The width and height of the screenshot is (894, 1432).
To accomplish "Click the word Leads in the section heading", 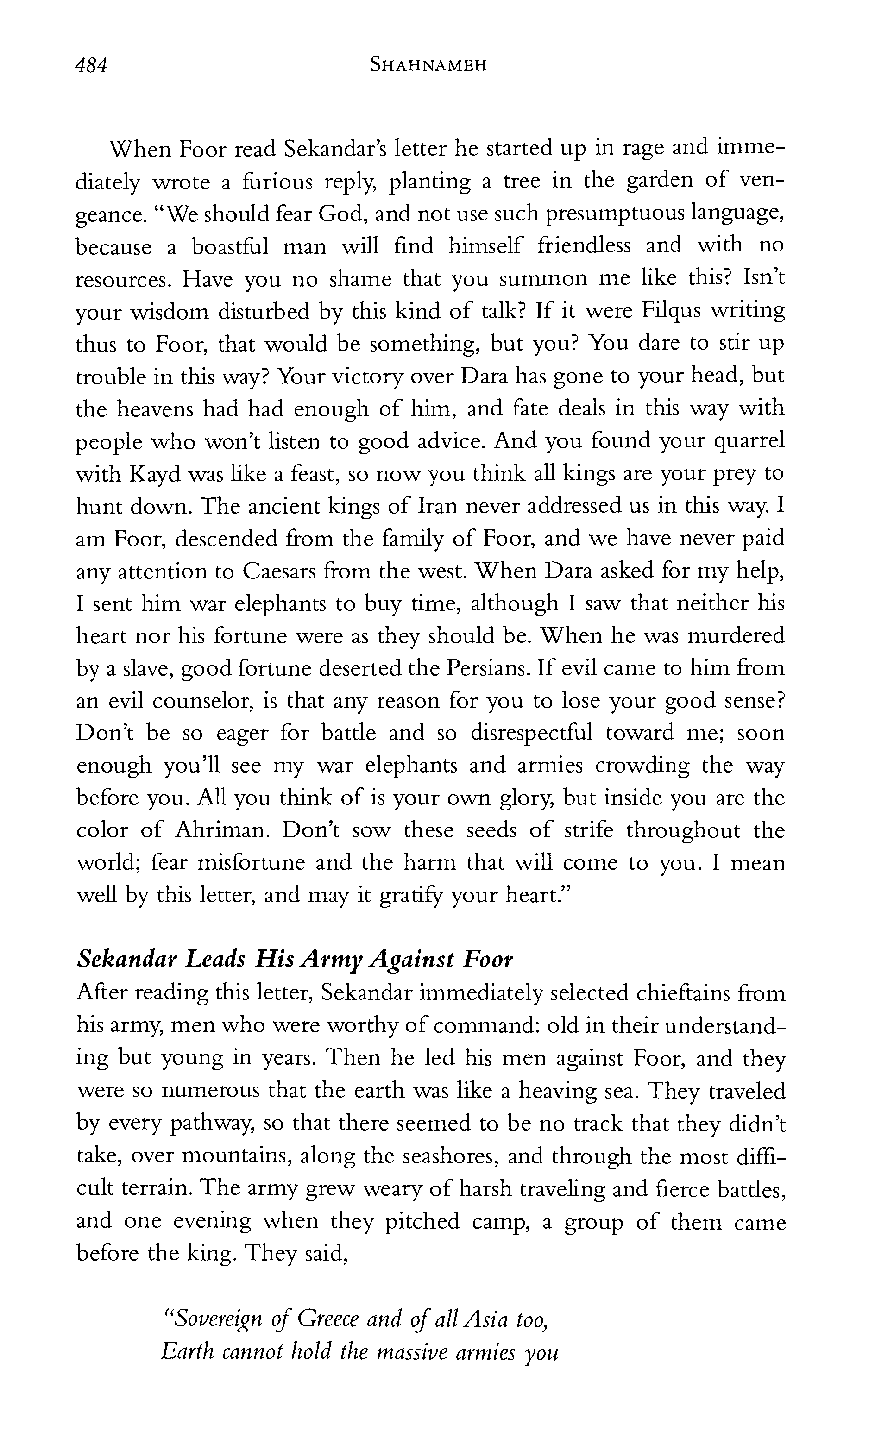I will coord(215,959).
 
